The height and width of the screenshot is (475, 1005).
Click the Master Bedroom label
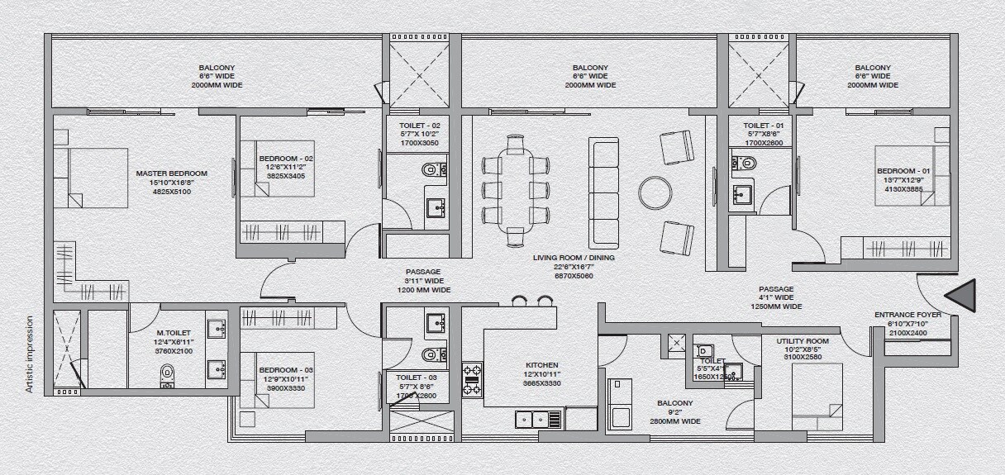click(x=171, y=173)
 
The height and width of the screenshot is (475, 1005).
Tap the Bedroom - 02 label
click(x=286, y=158)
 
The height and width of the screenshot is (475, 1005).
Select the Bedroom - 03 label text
click(x=286, y=369)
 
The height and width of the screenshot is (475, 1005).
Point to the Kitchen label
click(x=542, y=365)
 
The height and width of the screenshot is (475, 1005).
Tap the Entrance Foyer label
click(x=907, y=315)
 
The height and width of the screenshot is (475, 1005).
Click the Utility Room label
click(x=802, y=341)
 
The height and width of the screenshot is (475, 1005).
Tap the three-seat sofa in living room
click(x=603, y=192)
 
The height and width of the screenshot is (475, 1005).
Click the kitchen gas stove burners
click(x=473, y=379)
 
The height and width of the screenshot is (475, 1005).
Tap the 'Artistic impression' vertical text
click(x=30, y=354)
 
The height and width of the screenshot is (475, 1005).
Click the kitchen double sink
click(x=533, y=419)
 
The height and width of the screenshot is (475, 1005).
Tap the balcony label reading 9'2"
click(x=674, y=403)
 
